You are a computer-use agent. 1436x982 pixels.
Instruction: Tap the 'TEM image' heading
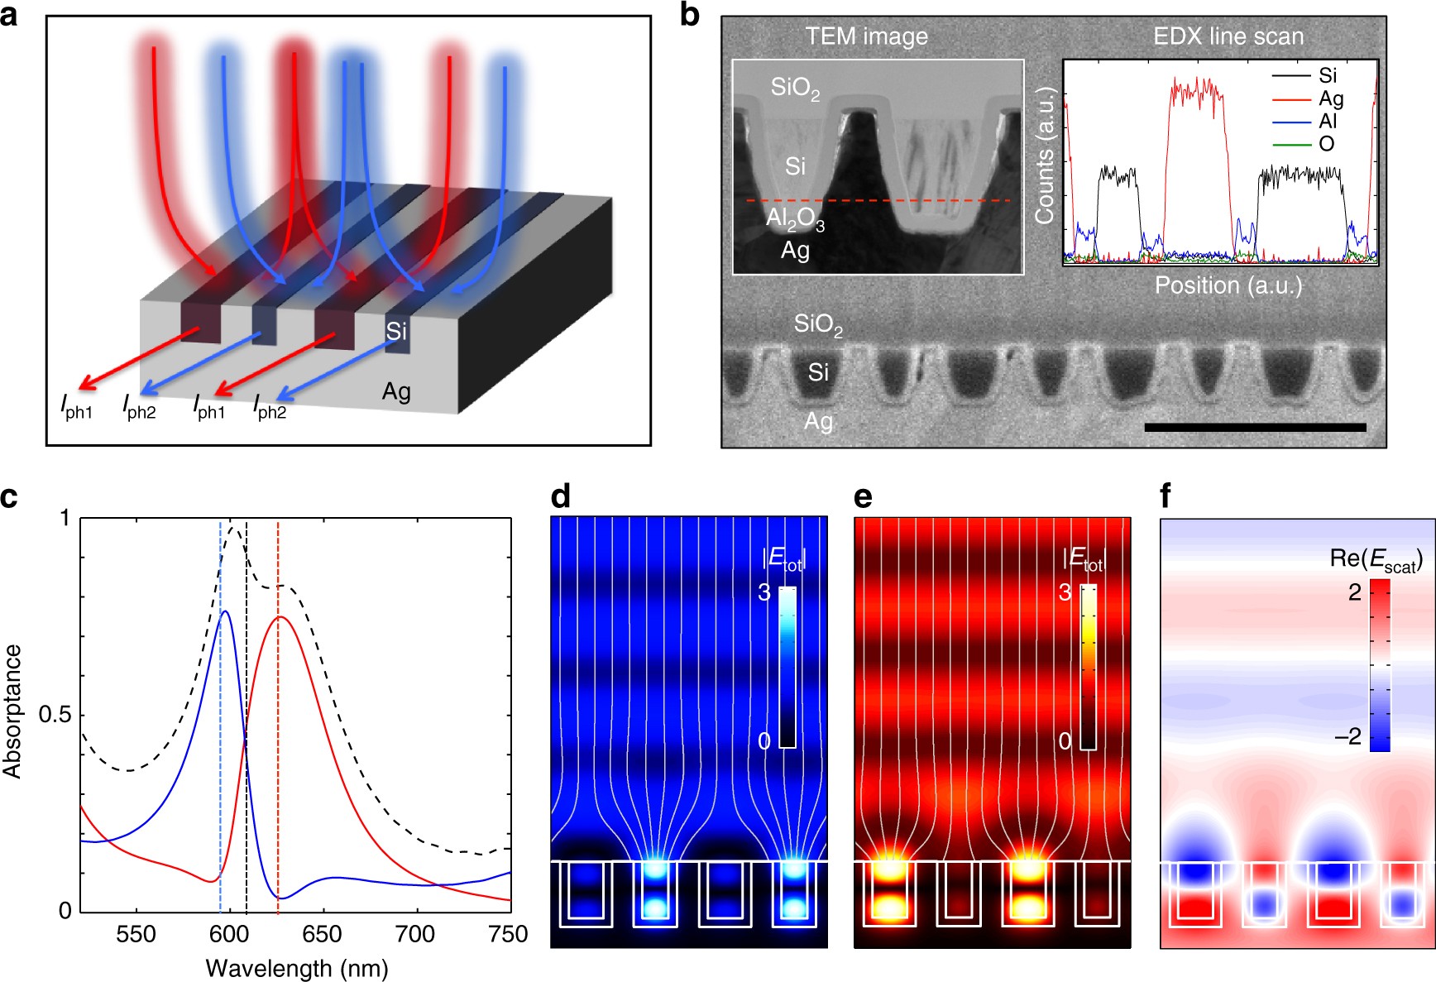point(866,36)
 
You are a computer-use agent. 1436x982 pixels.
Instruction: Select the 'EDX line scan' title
point(1228,36)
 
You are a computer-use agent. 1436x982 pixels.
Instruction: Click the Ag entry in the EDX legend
point(1331,98)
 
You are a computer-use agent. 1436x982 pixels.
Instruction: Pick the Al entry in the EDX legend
point(1328,121)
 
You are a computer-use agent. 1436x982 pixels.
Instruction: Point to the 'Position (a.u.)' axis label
point(1228,285)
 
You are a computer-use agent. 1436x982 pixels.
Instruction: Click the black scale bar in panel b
point(1255,427)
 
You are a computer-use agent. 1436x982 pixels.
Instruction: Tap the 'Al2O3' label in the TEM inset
point(795,221)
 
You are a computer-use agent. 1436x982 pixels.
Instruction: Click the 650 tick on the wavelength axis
point(322,934)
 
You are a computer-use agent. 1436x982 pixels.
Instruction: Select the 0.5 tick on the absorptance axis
point(55,715)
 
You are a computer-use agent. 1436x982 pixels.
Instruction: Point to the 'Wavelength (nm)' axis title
point(297,968)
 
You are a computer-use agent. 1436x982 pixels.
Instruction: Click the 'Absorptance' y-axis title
point(12,711)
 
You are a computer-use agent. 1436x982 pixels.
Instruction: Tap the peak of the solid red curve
point(279,617)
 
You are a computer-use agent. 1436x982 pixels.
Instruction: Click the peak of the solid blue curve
point(223,611)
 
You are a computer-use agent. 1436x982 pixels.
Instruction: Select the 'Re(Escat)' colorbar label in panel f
point(1376,560)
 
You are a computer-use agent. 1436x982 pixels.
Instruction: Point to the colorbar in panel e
point(1088,667)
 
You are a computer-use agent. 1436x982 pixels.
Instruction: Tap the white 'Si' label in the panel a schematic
point(396,331)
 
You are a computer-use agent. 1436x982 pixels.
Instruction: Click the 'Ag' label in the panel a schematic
point(396,391)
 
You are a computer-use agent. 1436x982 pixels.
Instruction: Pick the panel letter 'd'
point(560,496)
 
